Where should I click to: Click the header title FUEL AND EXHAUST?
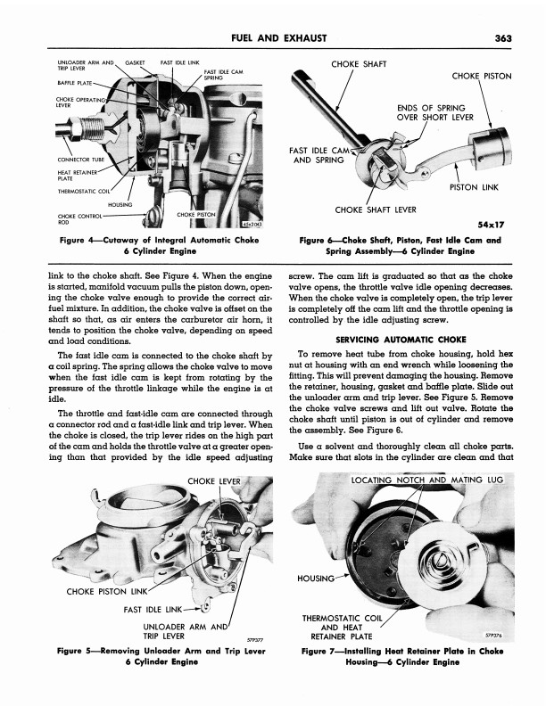[x=277, y=37]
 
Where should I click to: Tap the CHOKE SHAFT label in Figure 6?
[x=358, y=64]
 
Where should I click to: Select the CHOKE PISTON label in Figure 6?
[x=482, y=77]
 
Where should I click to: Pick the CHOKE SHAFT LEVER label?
[x=375, y=209]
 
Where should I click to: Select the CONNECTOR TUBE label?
[x=82, y=160]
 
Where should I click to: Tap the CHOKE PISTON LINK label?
[x=96, y=590]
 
